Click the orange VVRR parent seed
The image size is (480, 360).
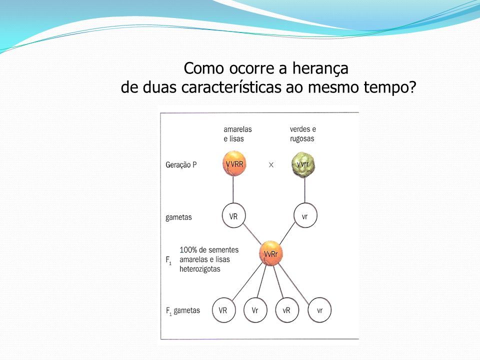(234, 164)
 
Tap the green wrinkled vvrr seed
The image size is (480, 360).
(303, 164)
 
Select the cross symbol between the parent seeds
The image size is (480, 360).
(271, 165)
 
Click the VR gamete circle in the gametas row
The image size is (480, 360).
(233, 215)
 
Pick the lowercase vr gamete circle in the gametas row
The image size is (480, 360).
(305, 215)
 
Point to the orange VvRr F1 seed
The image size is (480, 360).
(271, 253)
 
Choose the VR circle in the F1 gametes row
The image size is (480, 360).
(224, 310)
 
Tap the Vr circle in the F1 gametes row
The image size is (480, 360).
(255, 310)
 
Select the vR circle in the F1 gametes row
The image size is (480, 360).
(287, 310)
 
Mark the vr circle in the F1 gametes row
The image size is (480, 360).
(319, 310)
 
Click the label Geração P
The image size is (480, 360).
(181, 165)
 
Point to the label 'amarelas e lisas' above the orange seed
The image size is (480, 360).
(237, 134)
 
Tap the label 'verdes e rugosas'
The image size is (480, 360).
(303, 134)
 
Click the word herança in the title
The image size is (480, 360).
(320, 69)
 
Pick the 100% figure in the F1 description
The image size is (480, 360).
(188, 250)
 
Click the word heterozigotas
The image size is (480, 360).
(200, 269)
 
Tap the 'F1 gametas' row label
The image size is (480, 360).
(183, 311)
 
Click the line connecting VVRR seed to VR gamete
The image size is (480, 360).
(233, 190)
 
